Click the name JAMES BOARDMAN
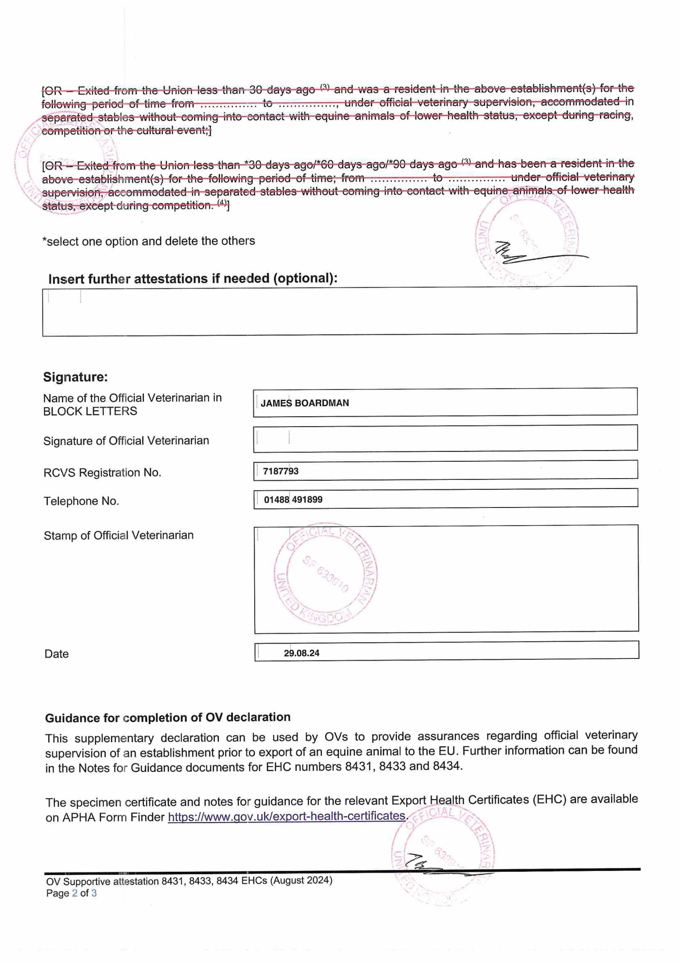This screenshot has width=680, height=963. (x=305, y=403)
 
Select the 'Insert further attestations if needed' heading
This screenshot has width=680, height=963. (x=193, y=278)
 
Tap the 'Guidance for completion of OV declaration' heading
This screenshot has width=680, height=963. (x=168, y=718)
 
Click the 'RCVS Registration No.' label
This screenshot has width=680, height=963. (x=102, y=473)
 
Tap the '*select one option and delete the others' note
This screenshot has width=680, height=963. (x=149, y=241)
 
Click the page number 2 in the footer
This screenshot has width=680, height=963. (x=75, y=893)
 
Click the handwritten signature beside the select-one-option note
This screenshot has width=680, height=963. (x=532, y=253)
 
